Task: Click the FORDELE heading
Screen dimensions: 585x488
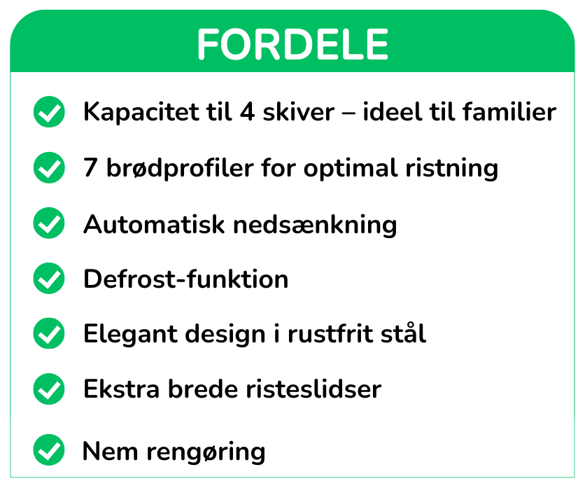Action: (x=293, y=44)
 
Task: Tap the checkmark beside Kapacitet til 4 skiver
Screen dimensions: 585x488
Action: (x=49, y=111)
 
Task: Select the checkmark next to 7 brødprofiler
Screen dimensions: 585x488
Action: (x=49, y=167)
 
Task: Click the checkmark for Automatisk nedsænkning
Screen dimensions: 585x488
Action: (x=49, y=223)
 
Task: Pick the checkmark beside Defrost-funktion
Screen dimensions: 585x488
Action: (x=49, y=278)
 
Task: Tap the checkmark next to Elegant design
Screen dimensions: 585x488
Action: (x=49, y=333)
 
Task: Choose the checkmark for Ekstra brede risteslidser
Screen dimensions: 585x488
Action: (x=49, y=389)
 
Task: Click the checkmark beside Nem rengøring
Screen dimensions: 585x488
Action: (x=49, y=450)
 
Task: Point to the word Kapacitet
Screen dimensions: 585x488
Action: (x=141, y=112)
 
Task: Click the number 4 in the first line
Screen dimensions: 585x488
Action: (x=248, y=111)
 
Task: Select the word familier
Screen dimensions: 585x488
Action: (x=509, y=111)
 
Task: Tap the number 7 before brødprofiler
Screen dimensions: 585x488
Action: (x=91, y=167)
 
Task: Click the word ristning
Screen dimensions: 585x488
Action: (x=452, y=169)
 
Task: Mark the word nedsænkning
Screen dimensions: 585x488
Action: (x=315, y=225)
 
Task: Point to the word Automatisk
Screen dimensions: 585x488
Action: (x=154, y=224)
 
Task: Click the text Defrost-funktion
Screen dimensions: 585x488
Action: (x=186, y=279)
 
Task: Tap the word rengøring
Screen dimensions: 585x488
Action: (x=206, y=452)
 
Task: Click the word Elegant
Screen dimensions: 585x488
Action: (x=131, y=334)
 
